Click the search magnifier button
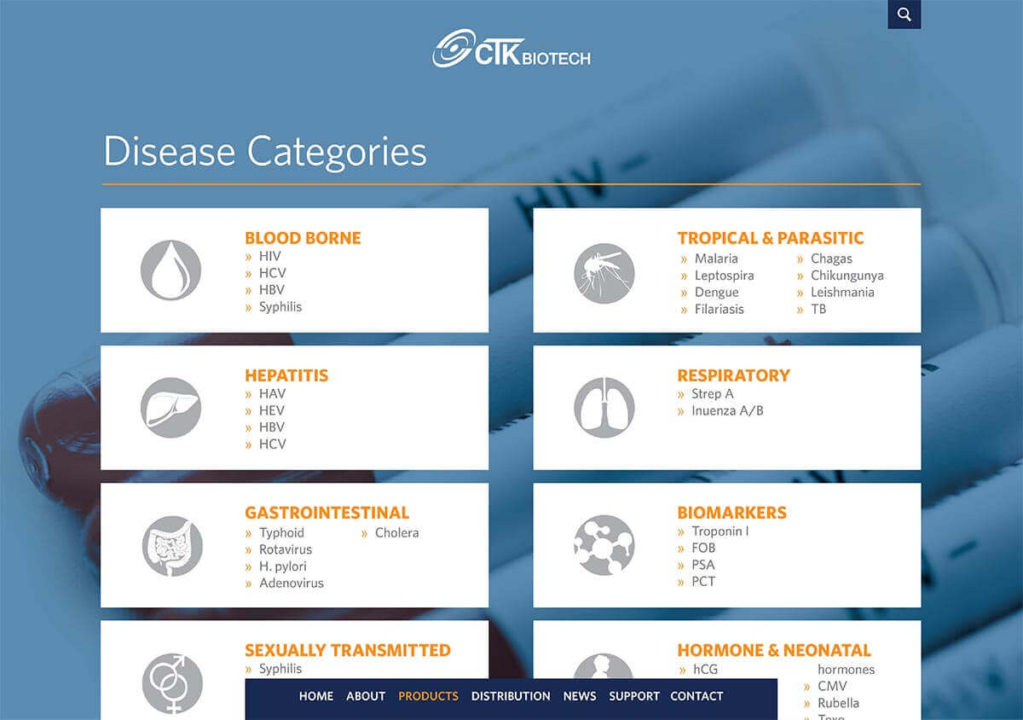click(904, 15)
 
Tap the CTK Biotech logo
click(511, 49)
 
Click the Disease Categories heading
click(265, 152)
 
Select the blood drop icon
click(170, 270)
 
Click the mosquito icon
click(604, 273)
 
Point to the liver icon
click(170, 408)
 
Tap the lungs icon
click(604, 407)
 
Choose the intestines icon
click(172, 546)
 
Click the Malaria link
click(716, 258)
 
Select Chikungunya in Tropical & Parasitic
click(847, 276)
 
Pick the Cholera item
click(397, 533)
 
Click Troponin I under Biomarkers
click(720, 531)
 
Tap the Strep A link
click(713, 393)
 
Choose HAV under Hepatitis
click(272, 393)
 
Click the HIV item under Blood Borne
click(270, 256)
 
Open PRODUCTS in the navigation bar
click(428, 696)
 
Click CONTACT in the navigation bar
click(696, 696)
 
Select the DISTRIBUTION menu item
click(511, 696)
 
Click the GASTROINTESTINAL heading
click(327, 513)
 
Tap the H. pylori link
click(283, 566)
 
